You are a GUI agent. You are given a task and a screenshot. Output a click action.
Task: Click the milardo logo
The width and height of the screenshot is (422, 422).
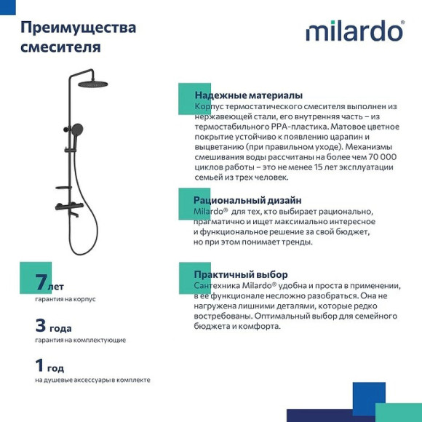(x=354, y=31)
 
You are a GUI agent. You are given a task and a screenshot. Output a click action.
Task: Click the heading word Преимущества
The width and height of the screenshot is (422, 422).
(x=78, y=28)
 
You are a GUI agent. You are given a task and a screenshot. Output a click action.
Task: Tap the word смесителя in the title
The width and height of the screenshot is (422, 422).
(x=60, y=47)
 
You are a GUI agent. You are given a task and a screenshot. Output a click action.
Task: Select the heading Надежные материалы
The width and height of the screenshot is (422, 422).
(x=249, y=95)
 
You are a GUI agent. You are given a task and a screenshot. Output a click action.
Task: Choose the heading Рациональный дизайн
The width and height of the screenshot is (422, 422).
(x=247, y=200)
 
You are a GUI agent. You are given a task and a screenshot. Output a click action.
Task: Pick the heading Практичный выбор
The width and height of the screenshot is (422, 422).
(x=236, y=275)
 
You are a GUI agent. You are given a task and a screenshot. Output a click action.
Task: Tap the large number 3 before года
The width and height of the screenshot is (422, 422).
(x=41, y=325)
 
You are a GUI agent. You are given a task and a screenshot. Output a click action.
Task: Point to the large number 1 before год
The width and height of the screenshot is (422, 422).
(x=40, y=365)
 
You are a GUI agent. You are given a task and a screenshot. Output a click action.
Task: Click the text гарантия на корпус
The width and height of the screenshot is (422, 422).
(x=65, y=299)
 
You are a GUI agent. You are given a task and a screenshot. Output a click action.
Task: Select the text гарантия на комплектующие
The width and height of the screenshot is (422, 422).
(x=80, y=340)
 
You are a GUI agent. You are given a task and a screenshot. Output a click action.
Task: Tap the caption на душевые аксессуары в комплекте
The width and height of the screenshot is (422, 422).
(x=92, y=380)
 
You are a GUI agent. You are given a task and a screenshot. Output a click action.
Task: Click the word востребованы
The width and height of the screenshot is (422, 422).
(x=223, y=316)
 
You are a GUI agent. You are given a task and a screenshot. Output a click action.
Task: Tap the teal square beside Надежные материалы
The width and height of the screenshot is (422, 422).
(x=191, y=99)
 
